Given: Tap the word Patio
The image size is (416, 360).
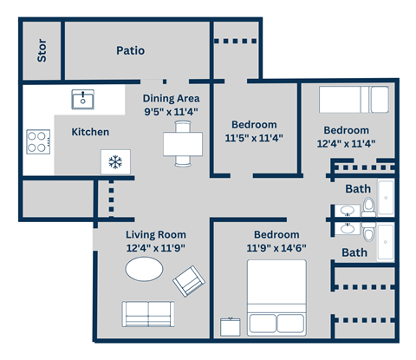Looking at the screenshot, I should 130,51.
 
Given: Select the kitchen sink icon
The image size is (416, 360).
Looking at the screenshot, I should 84,99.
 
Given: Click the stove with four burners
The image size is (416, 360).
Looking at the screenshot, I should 38,141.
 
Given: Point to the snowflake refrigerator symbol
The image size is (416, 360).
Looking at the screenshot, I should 114,160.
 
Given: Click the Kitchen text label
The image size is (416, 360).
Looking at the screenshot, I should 90,132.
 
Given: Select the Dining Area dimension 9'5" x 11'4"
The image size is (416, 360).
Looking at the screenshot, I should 171,111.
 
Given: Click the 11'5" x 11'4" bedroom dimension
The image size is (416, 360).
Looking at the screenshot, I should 254,137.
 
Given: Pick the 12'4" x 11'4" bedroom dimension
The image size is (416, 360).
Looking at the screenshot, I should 347,144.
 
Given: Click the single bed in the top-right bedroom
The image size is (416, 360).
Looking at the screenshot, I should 355,99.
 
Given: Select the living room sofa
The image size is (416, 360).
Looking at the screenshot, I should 147,313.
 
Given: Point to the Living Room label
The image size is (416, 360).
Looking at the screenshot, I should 156,234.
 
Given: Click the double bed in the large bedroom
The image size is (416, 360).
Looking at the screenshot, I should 276,296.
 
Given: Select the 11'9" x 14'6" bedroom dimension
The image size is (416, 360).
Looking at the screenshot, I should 276,247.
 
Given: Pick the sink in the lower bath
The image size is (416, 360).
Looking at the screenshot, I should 348,230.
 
